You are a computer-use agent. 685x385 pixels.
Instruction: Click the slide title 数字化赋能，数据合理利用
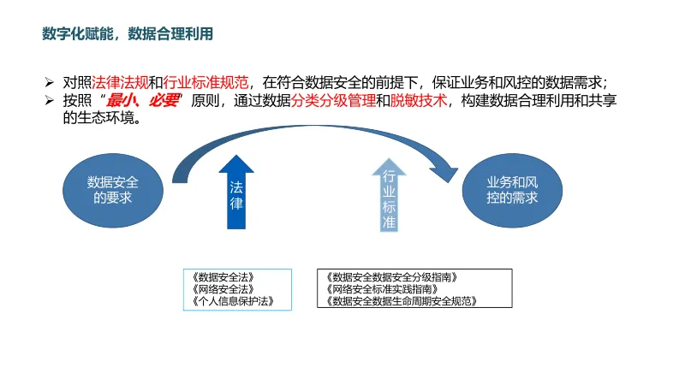(x=127, y=34)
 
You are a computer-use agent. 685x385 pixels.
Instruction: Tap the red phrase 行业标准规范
(x=205, y=83)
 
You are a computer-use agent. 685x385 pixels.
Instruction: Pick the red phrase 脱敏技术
(x=419, y=101)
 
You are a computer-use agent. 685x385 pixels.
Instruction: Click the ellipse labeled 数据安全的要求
(x=112, y=189)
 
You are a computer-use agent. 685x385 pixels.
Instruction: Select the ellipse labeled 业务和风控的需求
(x=512, y=189)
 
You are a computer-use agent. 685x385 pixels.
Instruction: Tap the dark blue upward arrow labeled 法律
(x=236, y=193)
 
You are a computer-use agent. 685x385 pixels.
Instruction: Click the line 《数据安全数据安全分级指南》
(x=392, y=277)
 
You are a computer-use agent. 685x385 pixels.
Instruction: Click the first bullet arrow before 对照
(x=50, y=83)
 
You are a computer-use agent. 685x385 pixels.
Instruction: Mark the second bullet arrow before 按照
(x=50, y=101)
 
